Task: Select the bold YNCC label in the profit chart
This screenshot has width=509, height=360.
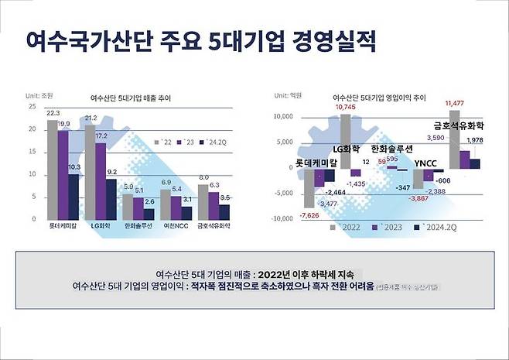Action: [x=425, y=163]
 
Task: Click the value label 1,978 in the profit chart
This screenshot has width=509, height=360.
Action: [x=476, y=139]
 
